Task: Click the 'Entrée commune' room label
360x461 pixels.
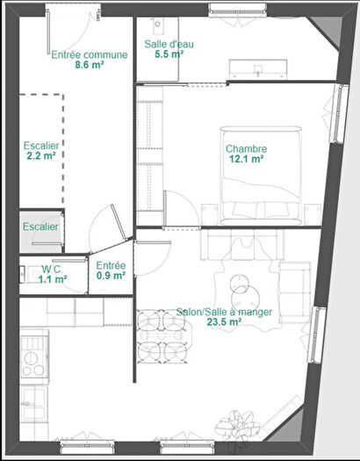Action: (89, 54)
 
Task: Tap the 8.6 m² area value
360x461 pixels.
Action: (89, 65)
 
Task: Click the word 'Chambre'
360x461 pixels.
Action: (246, 148)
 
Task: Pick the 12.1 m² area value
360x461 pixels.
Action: (246, 160)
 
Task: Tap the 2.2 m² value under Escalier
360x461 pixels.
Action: (40, 155)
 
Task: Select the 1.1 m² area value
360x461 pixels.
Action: (54, 280)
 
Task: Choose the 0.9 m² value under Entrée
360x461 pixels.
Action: (111, 276)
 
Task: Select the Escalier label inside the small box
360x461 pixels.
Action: (40, 227)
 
